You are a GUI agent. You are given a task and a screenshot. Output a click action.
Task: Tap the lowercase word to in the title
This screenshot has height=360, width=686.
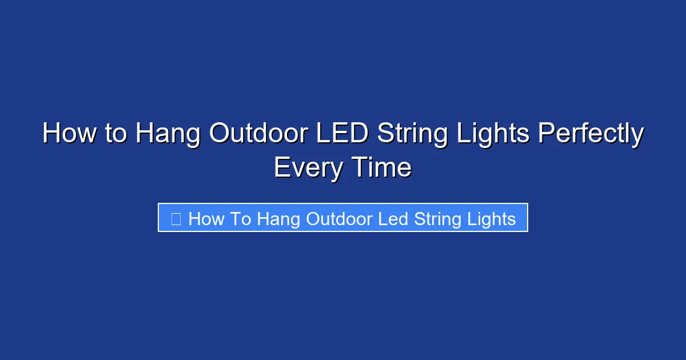[115, 134]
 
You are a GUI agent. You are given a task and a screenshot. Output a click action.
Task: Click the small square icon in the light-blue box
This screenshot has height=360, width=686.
[176, 218]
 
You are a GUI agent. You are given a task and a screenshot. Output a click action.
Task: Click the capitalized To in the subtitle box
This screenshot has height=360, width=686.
[242, 218]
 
